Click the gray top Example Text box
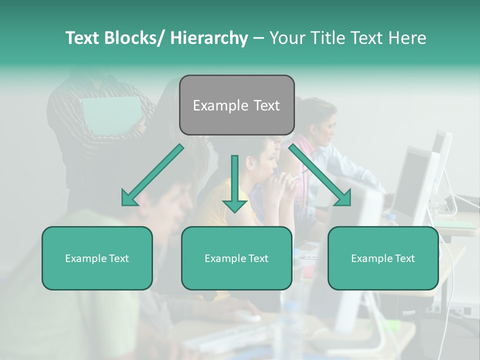point(236,105)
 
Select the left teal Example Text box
point(97,258)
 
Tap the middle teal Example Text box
point(236,258)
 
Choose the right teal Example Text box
point(383,258)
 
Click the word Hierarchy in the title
point(208,38)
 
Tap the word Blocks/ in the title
point(135,38)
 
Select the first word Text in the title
point(83,38)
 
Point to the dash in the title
point(258,38)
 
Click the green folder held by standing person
point(111,114)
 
